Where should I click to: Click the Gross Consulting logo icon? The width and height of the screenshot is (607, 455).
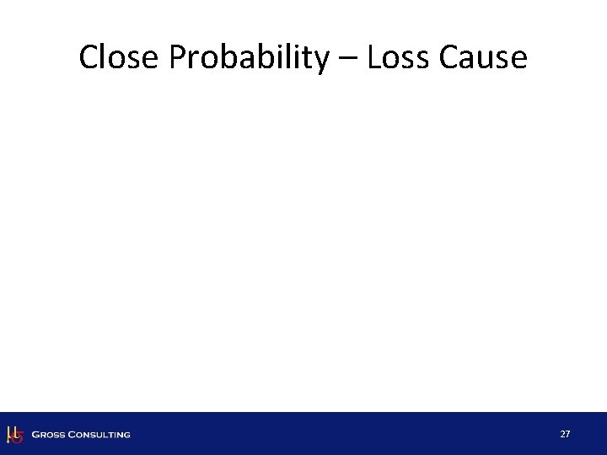(14, 434)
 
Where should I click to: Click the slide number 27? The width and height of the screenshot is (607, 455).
(565, 434)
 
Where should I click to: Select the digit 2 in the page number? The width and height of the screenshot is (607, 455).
(562, 434)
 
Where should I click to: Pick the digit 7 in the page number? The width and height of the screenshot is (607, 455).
(568, 434)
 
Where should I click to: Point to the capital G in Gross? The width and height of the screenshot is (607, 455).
(35, 435)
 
